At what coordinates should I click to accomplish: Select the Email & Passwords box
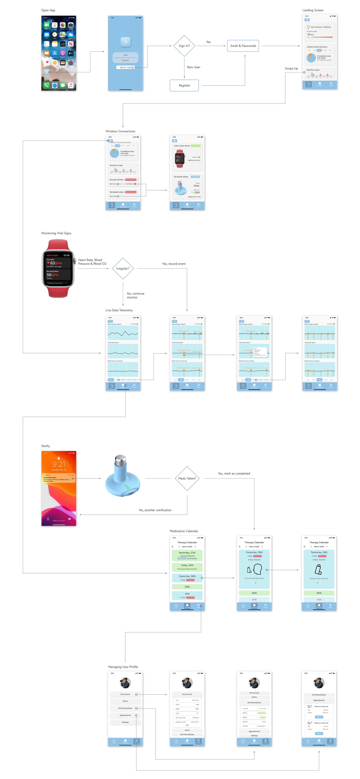coord(243,46)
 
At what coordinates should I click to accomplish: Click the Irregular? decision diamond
coord(123,268)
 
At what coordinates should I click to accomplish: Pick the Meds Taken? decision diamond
coord(187,478)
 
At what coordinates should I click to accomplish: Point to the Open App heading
coord(48,10)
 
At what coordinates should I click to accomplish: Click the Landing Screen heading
coord(313,10)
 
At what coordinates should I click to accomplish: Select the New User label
coord(193,67)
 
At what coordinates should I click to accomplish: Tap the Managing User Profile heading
coord(123,667)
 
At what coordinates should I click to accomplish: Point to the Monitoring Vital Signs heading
coord(56,233)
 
